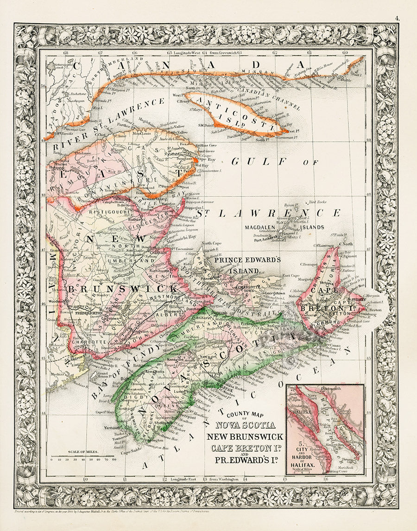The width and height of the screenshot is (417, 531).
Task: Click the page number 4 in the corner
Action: [397, 18]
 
